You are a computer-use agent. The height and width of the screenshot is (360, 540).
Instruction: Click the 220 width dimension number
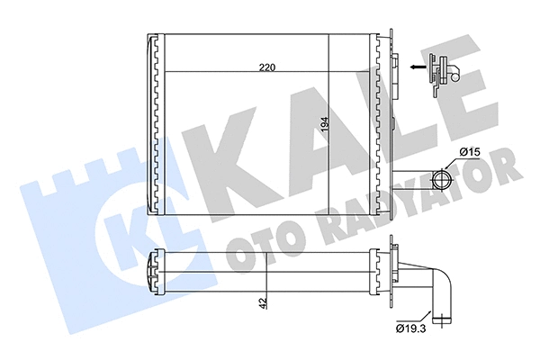[266, 67]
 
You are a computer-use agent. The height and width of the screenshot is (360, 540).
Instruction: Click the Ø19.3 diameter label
[410, 330]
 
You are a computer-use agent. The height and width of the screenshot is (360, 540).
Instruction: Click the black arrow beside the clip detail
[415, 66]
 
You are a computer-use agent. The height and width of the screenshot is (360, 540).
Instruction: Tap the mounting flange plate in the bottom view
[393, 270]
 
